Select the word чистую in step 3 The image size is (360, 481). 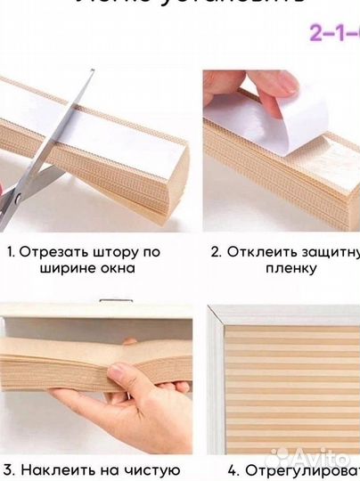(x=156, y=469)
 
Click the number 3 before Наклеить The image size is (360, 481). (x=7, y=469)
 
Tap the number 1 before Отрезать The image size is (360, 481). (x=11, y=251)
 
